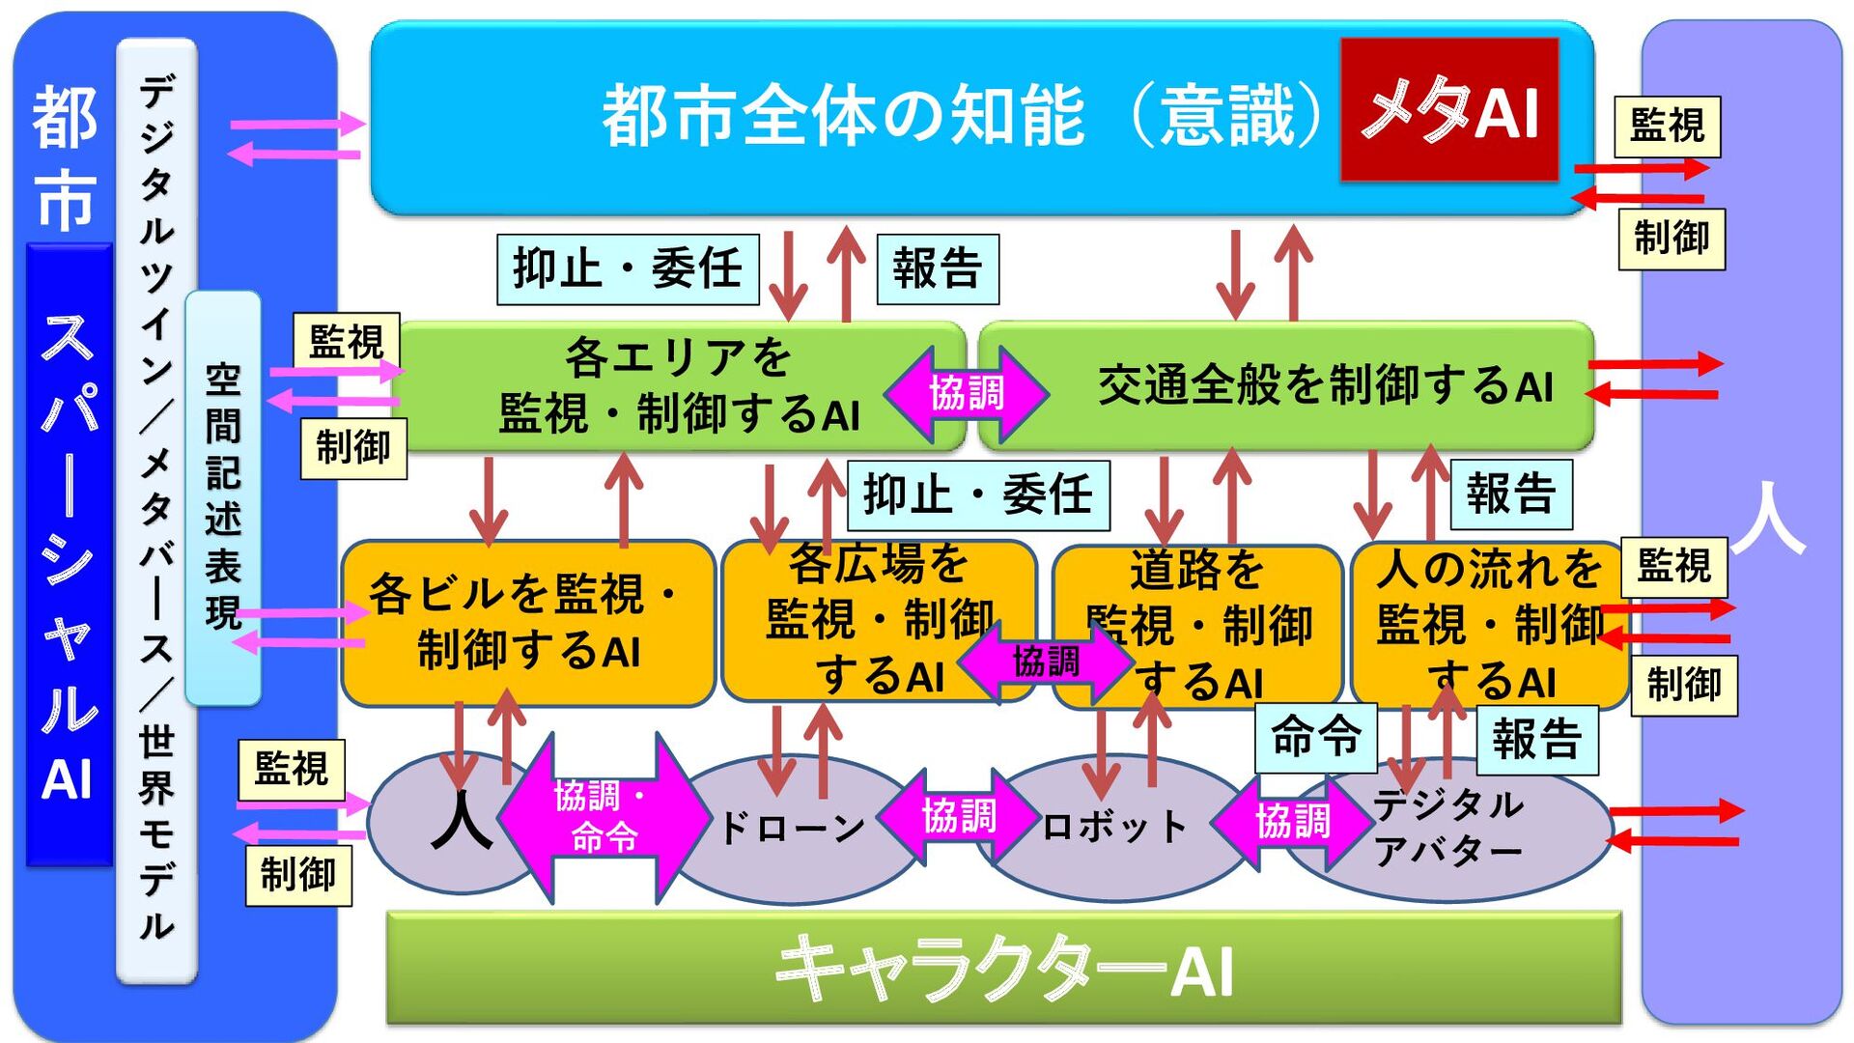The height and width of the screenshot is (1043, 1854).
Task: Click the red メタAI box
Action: (x=1448, y=110)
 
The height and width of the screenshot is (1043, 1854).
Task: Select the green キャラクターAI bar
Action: (x=1004, y=968)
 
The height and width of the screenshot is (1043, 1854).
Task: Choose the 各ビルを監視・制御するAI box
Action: (x=527, y=623)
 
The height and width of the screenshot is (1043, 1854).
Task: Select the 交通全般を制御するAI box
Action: (x=1323, y=386)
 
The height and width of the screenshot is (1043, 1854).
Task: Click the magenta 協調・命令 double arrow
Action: (x=603, y=817)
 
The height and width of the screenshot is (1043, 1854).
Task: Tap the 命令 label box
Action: (x=1315, y=737)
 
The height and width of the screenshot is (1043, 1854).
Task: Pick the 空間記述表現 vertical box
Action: (x=223, y=497)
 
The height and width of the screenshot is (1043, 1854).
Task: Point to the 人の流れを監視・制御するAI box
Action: (x=1487, y=623)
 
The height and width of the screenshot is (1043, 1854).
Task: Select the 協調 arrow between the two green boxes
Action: (x=967, y=394)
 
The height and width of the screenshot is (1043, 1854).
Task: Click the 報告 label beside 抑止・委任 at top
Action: (x=937, y=268)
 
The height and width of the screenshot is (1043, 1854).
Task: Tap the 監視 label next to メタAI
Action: (x=1668, y=126)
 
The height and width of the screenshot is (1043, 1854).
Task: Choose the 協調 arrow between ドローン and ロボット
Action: (x=958, y=817)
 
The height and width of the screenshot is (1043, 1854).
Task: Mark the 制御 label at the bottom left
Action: (x=298, y=876)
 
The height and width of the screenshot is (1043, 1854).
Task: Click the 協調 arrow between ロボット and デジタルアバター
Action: (x=1292, y=822)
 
